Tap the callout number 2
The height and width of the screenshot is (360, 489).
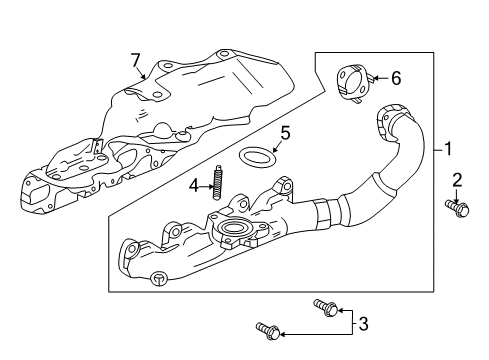[x=456, y=181]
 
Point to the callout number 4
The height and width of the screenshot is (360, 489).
[x=197, y=184]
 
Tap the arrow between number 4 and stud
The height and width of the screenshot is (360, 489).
[x=208, y=184]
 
